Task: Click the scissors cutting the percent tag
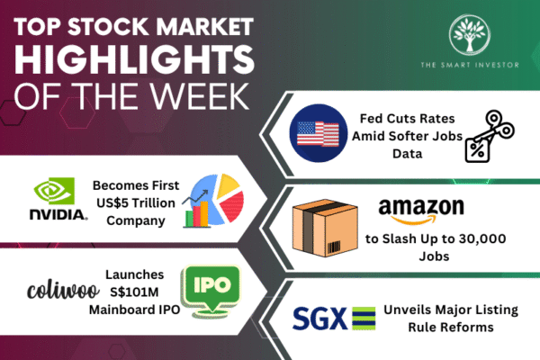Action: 489,136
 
